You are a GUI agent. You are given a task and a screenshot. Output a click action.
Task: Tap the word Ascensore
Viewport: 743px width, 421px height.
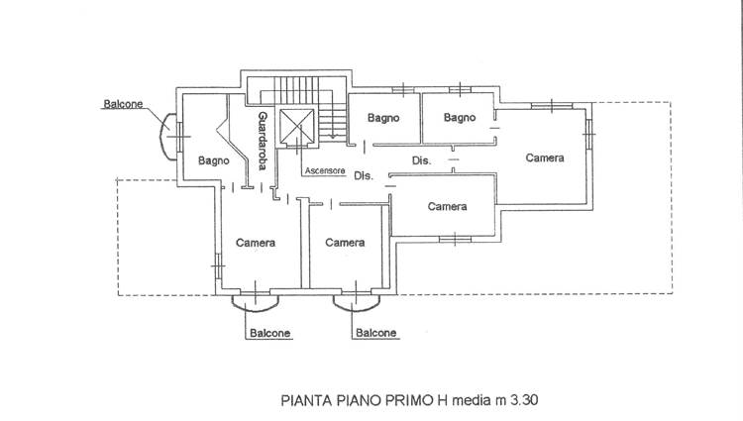[325, 170]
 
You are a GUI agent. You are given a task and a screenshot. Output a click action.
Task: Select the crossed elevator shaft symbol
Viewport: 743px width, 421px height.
[296, 126]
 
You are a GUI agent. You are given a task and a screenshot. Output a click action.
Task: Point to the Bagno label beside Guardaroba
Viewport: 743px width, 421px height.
[214, 160]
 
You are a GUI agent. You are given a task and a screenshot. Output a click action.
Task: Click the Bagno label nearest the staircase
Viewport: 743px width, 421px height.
[382, 118]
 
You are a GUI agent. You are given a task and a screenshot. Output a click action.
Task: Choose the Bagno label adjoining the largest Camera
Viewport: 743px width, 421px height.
[459, 118]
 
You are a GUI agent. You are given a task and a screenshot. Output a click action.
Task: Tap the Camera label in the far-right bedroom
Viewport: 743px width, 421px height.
[545, 158]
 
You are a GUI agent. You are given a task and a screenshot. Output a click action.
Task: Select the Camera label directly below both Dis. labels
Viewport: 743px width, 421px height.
[448, 206]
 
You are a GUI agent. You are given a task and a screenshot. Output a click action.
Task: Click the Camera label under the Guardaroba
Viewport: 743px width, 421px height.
[256, 243]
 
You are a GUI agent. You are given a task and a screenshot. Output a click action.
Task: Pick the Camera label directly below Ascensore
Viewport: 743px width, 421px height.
[345, 243]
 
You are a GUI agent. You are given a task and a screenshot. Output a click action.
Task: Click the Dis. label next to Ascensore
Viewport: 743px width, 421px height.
[362, 176]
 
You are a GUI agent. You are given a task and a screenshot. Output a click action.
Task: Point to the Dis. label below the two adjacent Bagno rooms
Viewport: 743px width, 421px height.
[420, 160]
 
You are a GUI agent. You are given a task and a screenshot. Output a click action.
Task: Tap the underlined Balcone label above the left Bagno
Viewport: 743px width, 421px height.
[124, 103]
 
